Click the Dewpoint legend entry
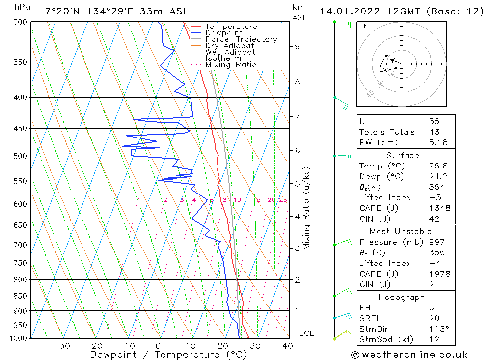(x=223, y=33)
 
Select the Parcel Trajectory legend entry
(x=241, y=39)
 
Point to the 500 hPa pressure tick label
(x=21, y=156)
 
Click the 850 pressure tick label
(x=21, y=296)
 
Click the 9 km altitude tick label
(x=297, y=46)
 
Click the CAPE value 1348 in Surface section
(x=439, y=208)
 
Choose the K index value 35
(x=434, y=121)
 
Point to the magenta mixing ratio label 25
(x=283, y=200)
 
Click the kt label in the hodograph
(x=362, y=26)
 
